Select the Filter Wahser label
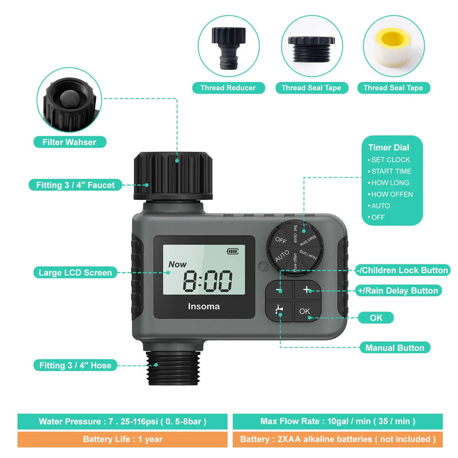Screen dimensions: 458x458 click(x=74, y=141)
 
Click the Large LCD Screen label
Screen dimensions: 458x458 click(x=76, y=273)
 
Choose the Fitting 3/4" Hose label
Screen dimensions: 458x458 click(x=76, y=365)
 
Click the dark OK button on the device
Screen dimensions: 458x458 click(x=305, y=312)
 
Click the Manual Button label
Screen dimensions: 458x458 click(x=394, y=348)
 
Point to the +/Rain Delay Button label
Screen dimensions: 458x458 click(x=397, y=291)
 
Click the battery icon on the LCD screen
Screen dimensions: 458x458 click(x=234, y=251)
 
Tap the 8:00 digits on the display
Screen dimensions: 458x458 click(x=207, y=281)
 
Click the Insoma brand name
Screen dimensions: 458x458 click(x=204, y=306)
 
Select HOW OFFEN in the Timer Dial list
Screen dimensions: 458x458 click(x=392, y=194)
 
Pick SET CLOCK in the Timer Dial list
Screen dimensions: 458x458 click(x=390, y=160)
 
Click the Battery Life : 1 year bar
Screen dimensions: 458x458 click(x=122, y=440)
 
